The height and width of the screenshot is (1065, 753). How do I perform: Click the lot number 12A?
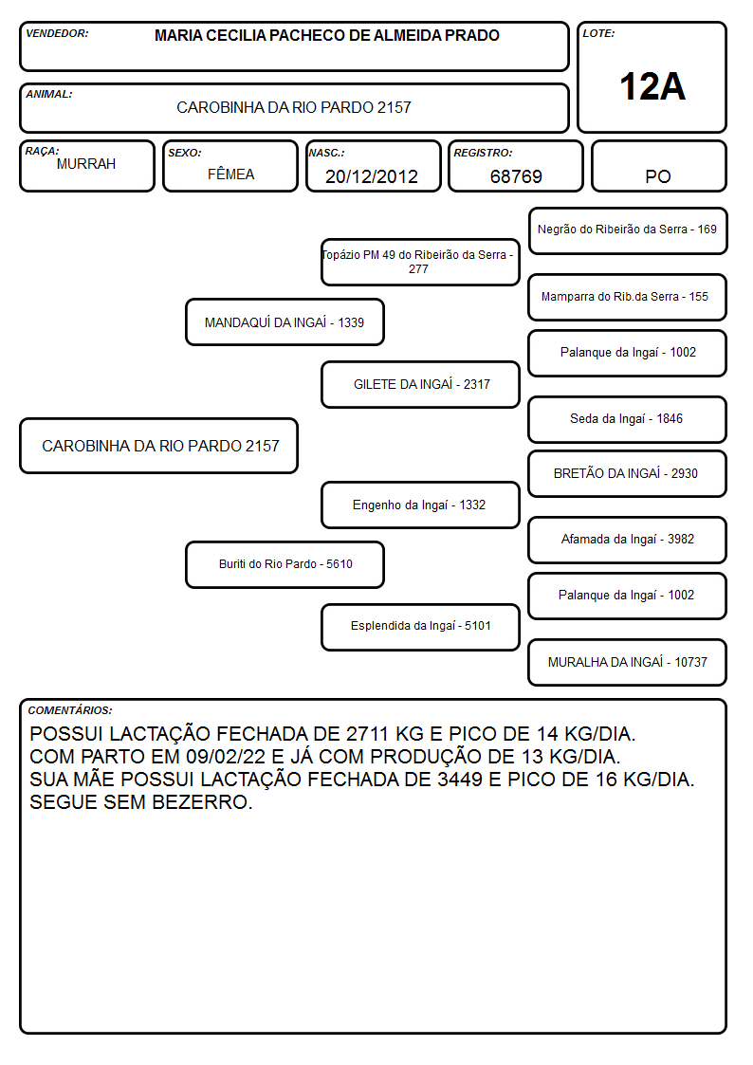(x=652, y=87)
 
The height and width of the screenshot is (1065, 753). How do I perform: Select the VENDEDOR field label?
(x=57, y=33)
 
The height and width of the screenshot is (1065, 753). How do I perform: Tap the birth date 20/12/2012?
(x=372, y=176)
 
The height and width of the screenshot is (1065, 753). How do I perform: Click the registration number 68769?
(x=516, y=176)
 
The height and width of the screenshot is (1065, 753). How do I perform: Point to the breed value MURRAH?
(x=86, y=164)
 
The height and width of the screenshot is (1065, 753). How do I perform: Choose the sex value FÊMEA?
(x=230, y=174)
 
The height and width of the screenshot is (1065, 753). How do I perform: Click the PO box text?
(x=658, y=176)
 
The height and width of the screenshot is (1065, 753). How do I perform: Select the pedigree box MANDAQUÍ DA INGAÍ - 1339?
(x=285, y=321)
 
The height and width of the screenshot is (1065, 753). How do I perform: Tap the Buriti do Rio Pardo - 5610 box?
(x=285, y=564)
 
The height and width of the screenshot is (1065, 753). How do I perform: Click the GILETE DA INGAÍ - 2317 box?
(x=420, y=384)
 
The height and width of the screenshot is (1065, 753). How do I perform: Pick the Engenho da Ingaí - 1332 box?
(x=420, y=505)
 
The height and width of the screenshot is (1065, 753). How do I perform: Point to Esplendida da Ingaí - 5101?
(x=420, y=627)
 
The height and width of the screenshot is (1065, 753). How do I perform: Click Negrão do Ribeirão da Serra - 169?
(x=628, y=230)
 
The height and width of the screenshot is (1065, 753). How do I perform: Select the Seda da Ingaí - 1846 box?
(x=628, y=419)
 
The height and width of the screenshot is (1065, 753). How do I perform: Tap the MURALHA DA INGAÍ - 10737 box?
(x=628, y=662)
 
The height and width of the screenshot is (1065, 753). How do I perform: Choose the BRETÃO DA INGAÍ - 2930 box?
(x=628, y=473)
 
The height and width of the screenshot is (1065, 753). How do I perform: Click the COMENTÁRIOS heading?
(x=70, y=710)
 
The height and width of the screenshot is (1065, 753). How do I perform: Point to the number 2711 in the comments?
(x=367, y=734)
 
